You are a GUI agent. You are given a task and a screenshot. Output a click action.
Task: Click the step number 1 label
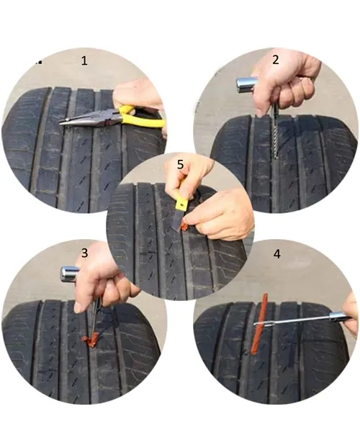click(x=84, y=60)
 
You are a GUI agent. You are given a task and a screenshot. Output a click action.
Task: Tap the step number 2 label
click(x=276, y=60)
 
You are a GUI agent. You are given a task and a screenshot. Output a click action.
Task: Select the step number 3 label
click(x=84, y=253)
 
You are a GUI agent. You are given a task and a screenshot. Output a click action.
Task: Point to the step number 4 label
click(x=276, y=253)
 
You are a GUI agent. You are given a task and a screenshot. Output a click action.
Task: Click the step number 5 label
click(x=180, y=164)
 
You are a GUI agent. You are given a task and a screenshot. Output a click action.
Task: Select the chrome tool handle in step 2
click(x=246, y=84)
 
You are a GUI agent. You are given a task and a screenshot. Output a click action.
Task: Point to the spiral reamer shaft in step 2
click(x=275, y=135)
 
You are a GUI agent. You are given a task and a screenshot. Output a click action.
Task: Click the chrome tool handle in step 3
click(x=69, y=274)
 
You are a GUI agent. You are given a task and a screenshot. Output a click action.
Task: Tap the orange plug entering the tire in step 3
click(x=91, y=340)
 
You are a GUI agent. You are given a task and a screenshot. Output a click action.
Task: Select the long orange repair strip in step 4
click(x=259, y=323)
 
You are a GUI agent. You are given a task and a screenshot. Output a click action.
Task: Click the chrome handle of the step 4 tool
click(x=339, y=316)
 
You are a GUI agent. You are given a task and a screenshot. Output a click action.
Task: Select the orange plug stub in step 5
click(x=184, y=227)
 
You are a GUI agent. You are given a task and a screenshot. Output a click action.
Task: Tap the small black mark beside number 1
click(x=40, y=63)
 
